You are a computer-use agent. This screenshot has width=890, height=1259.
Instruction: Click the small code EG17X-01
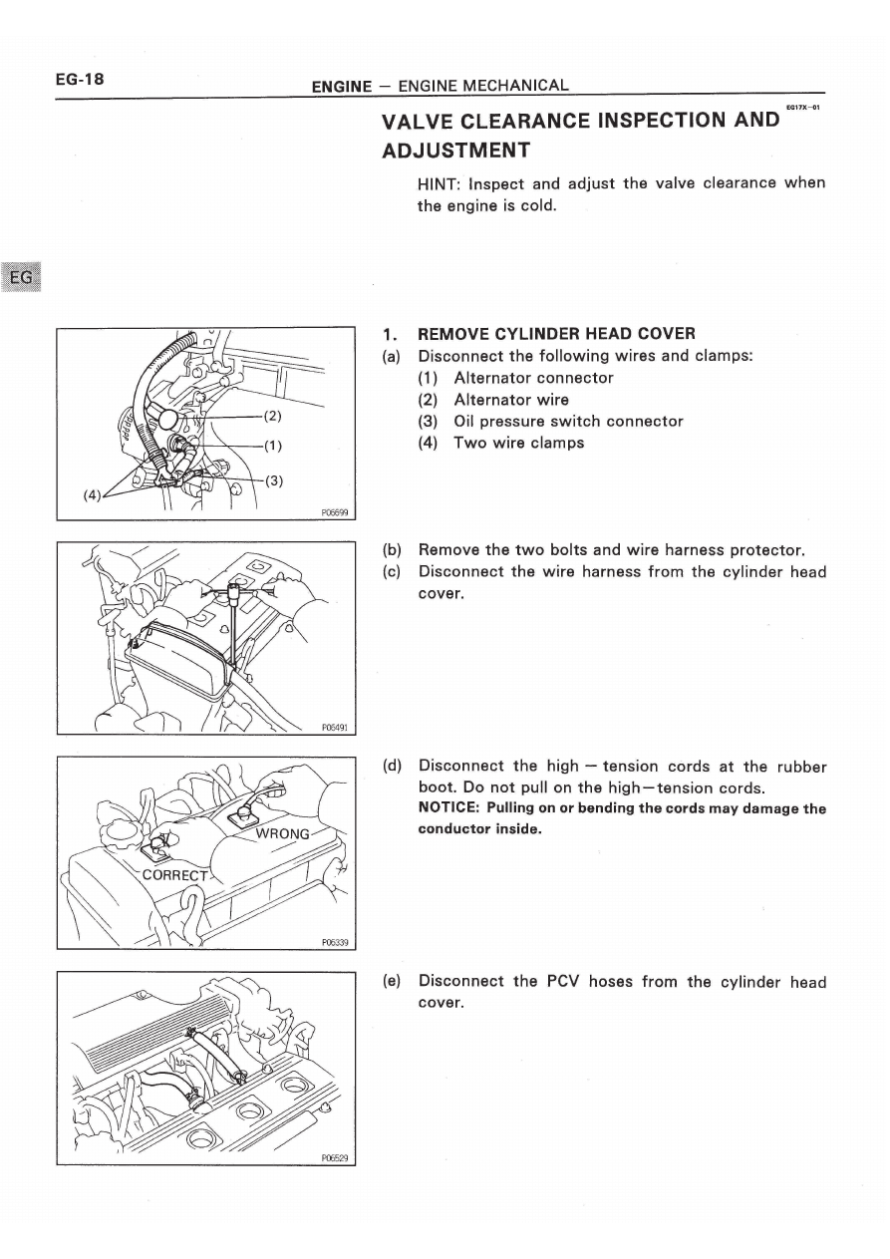tap(802, 107)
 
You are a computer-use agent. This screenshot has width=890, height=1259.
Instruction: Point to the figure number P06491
tap(334, 728)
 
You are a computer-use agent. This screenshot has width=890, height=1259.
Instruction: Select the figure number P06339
tap(334, 942)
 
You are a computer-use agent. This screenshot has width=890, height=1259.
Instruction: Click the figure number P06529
tap(334, 1157)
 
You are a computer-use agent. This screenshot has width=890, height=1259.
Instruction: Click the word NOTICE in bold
tap(449, 808)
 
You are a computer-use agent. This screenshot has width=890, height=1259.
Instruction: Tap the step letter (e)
tap(392, 981)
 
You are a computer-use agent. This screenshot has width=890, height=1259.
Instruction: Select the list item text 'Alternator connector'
tap(533, 378)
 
